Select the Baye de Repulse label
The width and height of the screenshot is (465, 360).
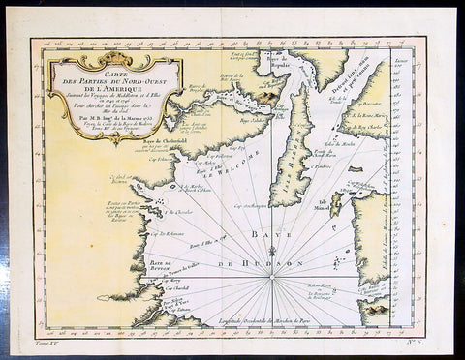click(278, 68)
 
